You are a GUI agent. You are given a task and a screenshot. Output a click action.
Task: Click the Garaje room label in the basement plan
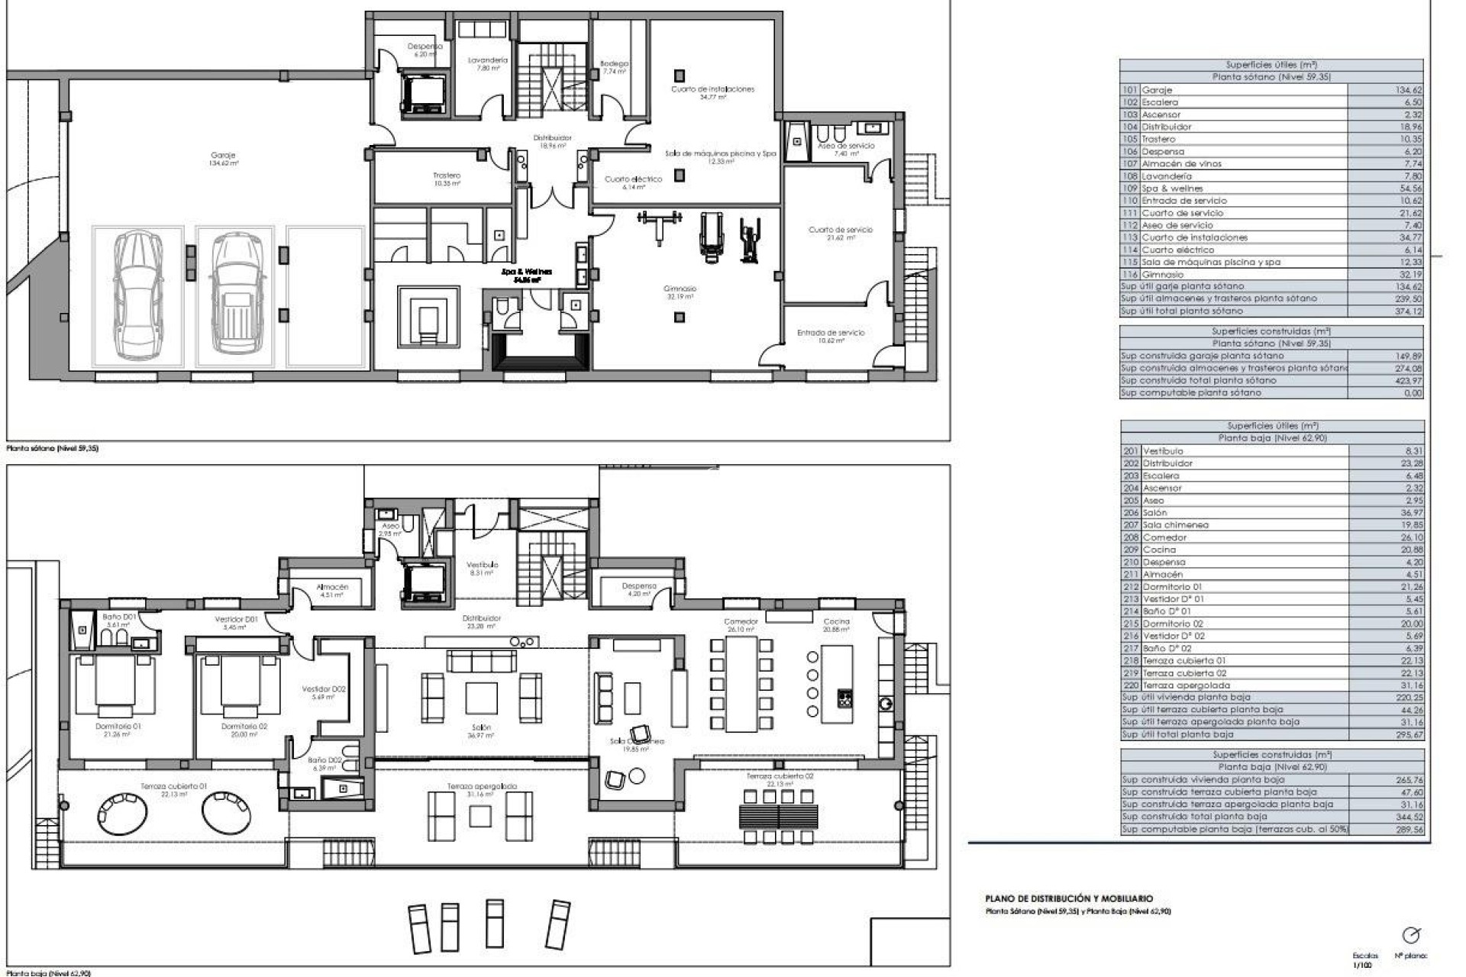click(x=223, y=156)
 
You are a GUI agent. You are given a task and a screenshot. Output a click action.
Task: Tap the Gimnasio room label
click(x=680, y=289)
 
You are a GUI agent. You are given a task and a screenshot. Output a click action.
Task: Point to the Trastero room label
click(x=447, y=176)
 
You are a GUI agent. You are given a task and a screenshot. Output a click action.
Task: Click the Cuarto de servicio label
click(x=840, y=230)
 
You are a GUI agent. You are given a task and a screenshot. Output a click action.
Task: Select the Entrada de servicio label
click(x=831, y=333)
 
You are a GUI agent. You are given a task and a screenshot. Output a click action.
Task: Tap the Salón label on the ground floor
click(x=481, y=727)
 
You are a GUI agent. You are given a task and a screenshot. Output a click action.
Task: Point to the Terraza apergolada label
click(x=482, y=786)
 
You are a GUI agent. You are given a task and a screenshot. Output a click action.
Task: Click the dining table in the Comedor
click(x=741, y=684)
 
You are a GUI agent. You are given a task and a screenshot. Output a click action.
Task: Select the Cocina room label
click(x=836, y=622)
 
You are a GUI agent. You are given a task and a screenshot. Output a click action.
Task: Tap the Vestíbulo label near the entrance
click(x=482, y=565)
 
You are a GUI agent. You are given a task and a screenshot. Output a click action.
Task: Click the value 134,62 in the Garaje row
click(x=1406, y=90)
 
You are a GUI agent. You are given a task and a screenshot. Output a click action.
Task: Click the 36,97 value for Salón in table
click(x=1412, y=513)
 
